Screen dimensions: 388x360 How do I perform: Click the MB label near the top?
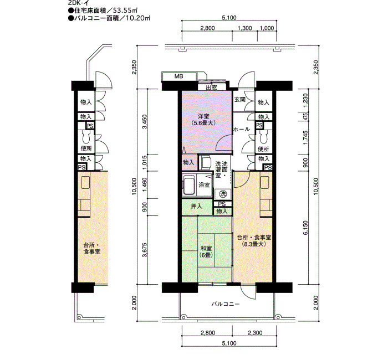click(178, 76)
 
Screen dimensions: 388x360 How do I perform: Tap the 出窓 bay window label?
click(212, 88)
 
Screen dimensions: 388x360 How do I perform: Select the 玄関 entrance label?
click(240, 100)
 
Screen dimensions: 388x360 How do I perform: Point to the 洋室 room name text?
click(203, 116)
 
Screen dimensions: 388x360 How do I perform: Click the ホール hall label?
click(242, 129)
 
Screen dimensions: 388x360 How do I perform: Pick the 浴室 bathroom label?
click(204, 184)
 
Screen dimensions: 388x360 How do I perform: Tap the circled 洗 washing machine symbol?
click(223, 194)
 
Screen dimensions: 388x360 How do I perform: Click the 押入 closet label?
click(196, 206)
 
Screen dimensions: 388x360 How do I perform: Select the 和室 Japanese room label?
click(206, 248)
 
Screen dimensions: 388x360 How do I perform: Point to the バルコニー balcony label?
click(226, 304)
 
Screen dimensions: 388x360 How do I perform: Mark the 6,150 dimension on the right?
click(306, 228)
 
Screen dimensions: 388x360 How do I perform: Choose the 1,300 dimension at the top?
click(245, 28)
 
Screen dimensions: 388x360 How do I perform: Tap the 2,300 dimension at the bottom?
click(255, 333)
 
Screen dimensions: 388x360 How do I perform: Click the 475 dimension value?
click(306, 116)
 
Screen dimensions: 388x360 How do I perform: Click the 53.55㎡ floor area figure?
click(125, 11)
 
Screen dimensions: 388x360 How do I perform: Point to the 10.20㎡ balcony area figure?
click(138, 18)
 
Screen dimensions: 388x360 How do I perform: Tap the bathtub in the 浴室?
click(189, 185)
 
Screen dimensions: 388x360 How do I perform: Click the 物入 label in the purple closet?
click(188, 162)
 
